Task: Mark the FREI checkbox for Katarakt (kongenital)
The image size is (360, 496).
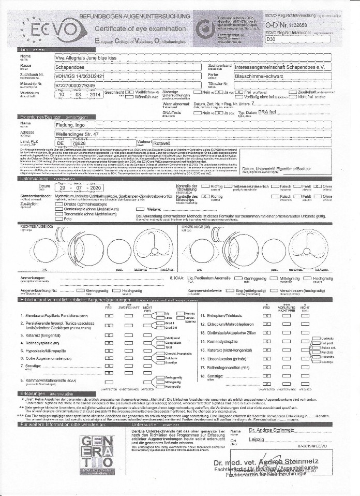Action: point(109,335)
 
